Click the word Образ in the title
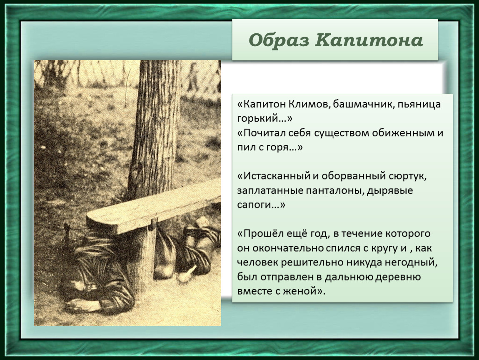[x=279, y=40]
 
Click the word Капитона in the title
[x=369, y=40]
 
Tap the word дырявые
[x=390, y=191]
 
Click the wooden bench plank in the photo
[x=153, y=208]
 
